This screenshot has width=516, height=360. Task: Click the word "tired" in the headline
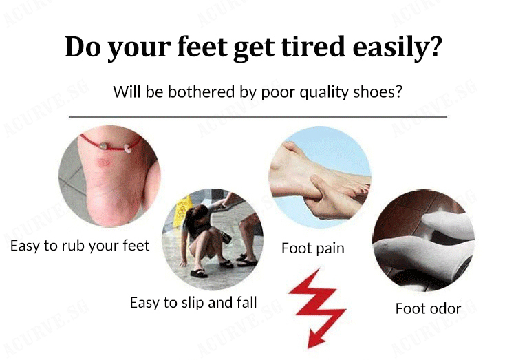(x=313, y=46)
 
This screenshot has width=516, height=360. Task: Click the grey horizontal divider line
(x=258, y=116)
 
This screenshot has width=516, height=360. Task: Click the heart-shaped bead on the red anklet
(x=103, y=145)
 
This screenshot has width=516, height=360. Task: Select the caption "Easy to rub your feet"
(x=80, y=246)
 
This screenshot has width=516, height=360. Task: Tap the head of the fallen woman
(x=197, y=217)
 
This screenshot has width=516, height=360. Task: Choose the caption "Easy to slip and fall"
(x=193, y=303)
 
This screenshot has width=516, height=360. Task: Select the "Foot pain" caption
(x=313, y=248)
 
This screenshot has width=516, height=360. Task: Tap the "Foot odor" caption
(x=428, y=308)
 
